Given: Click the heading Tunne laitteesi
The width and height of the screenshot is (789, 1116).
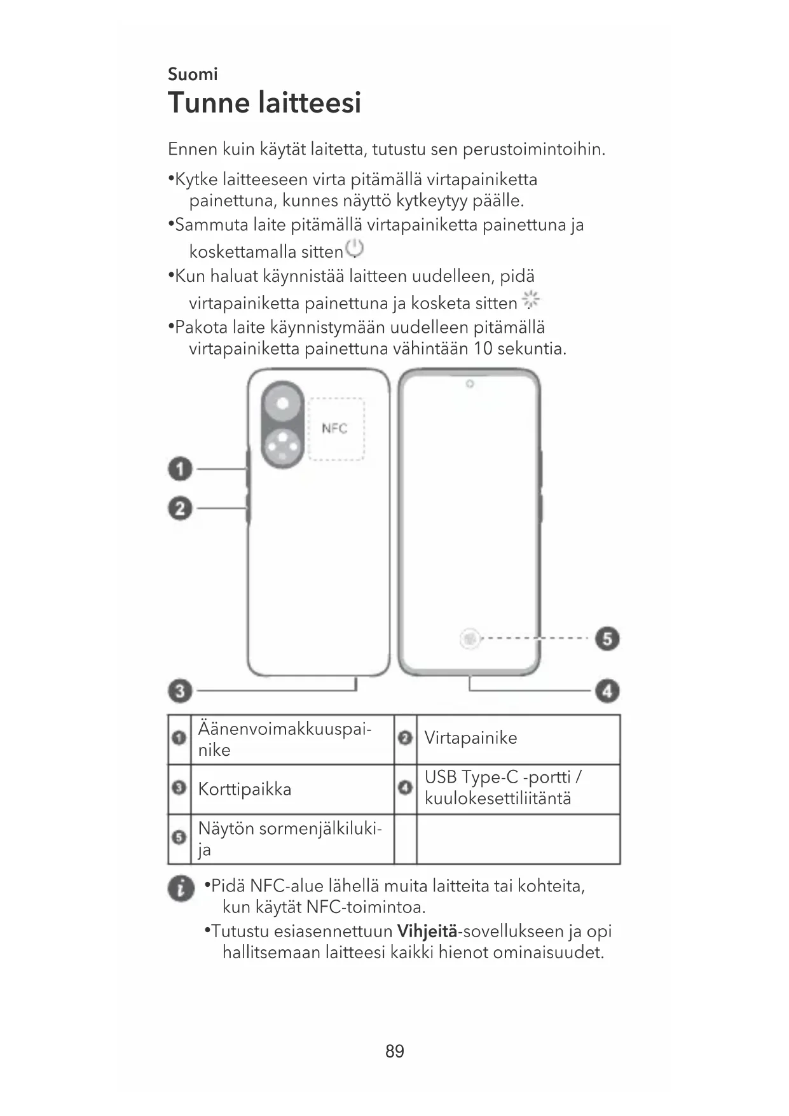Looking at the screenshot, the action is coord(264,103).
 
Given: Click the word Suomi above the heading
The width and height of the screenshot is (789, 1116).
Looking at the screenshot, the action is coord(193,74).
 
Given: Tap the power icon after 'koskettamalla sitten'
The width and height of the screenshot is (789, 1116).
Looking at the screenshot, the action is coord(354,249).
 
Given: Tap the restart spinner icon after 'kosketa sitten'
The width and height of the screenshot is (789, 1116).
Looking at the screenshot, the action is coord(530,299).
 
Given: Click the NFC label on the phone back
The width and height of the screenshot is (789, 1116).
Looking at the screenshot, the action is coord(334,428).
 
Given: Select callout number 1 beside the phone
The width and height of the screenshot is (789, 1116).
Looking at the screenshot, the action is coord(180,470).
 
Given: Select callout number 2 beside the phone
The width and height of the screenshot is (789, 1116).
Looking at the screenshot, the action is coord(180,508).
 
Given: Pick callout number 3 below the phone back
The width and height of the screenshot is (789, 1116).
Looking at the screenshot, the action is coord(180,690).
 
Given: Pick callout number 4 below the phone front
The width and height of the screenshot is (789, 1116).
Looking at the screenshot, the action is coord(607,690).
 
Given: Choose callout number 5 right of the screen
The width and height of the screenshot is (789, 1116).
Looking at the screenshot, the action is coord(607,638).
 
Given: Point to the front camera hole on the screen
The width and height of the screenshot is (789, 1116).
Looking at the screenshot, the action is coord(470,384).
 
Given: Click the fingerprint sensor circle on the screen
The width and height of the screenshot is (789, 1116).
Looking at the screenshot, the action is coord(470,638).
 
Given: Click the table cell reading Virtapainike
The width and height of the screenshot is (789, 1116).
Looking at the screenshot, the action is coord(471,738).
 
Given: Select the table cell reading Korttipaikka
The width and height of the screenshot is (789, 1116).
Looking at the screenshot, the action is coord(245,790).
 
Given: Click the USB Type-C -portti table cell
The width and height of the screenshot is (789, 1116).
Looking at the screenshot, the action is coord(503,788).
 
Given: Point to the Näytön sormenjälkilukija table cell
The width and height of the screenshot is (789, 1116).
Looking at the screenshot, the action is coord(290,839).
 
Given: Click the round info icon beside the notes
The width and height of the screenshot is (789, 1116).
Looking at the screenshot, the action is coord(181,888).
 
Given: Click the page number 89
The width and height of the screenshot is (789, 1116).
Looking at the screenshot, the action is coord(395,1051).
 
